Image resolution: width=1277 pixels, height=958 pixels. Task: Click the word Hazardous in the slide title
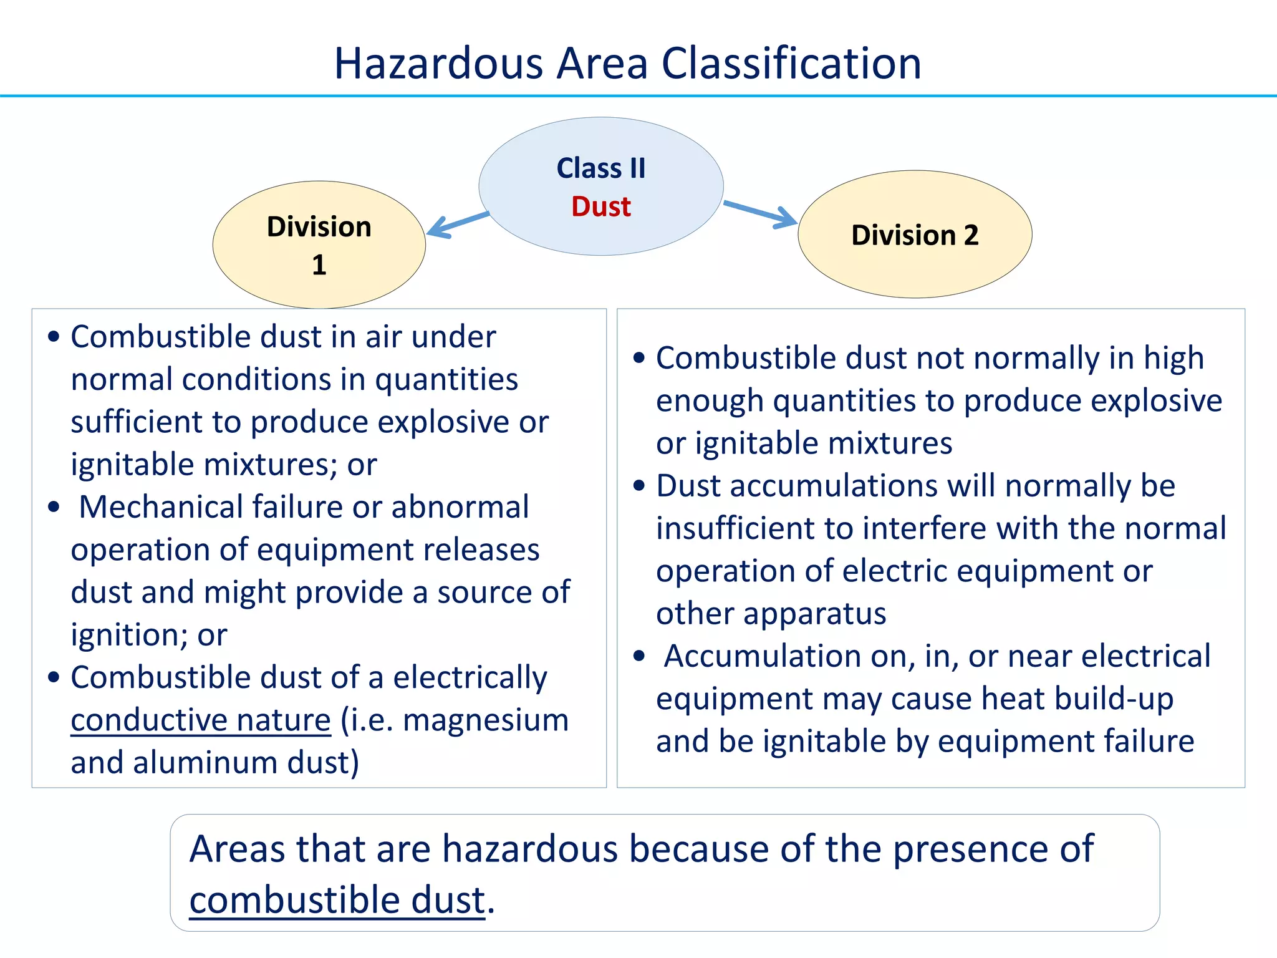[x=438, y=64]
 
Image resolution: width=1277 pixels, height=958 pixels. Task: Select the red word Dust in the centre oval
[x=601, y=206]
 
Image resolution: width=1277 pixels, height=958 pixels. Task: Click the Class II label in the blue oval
[x=601, y=168]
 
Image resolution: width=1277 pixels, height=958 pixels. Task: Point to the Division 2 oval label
[x=915, y=235]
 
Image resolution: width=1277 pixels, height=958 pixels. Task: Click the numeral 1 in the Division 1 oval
[x=319, y=265]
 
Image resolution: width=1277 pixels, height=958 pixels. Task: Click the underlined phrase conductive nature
[x=201, y=720]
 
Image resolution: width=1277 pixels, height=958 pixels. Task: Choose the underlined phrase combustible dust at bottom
[x=337, y=900]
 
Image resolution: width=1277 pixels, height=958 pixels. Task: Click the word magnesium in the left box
[x=486, y=720]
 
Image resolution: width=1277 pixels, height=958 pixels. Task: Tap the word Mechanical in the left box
[x=161, y=507]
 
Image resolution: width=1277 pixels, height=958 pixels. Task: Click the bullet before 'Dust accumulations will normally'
[x=638, y=486]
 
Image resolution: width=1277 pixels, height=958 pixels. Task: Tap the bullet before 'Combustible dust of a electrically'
[x=54, y=677]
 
